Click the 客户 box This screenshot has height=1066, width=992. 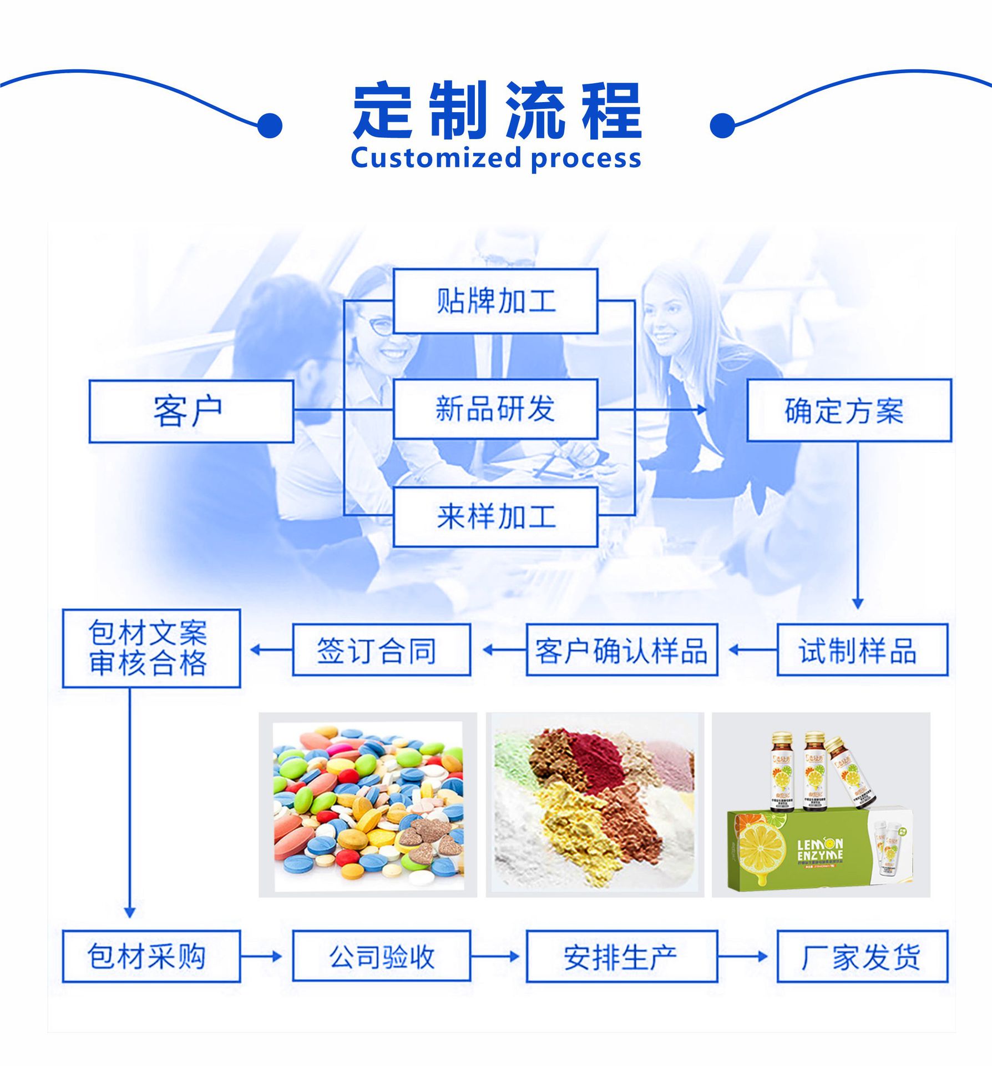(191, 411)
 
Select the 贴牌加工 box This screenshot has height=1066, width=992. (495, 301)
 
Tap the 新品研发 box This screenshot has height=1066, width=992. (495, 409)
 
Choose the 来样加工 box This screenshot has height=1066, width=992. (495, 517)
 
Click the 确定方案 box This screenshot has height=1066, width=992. (849, 411)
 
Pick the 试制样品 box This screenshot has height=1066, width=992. (862, 650)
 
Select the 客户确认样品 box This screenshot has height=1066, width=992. (621, 650)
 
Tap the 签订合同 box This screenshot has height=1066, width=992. (381, 650)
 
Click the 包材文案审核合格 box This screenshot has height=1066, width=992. (151, 648)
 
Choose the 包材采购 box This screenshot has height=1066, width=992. (151, 956)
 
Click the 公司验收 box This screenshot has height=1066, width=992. (381, 956)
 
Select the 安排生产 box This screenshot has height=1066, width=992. (621, 956)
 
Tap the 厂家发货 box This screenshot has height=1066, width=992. (862, 956)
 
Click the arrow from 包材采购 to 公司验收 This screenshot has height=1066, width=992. (261, 956)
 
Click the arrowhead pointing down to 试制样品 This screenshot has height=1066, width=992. (857, 604)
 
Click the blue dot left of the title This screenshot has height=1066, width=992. (270, 125)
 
